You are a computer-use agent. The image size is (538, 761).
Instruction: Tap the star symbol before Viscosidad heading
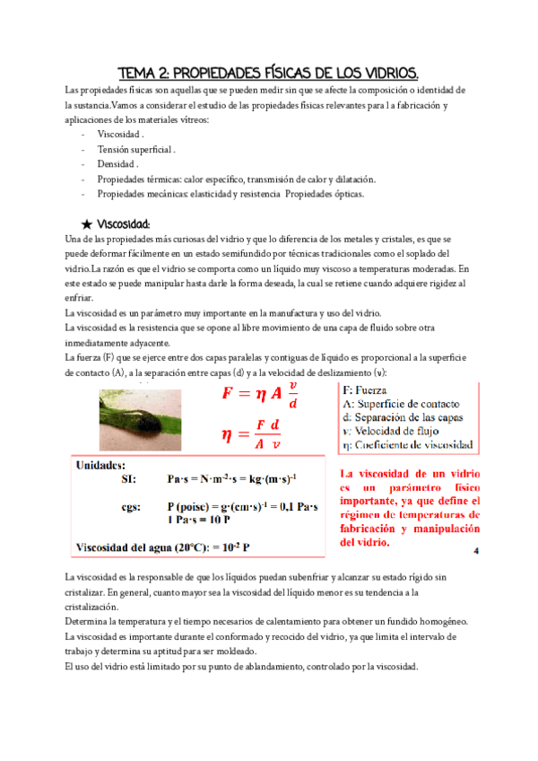(86, 223)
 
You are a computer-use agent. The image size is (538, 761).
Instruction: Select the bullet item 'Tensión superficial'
(136, 149)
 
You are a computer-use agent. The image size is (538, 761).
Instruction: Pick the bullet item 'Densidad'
(117, 164)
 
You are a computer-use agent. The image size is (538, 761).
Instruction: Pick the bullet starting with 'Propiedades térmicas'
(236, 179)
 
